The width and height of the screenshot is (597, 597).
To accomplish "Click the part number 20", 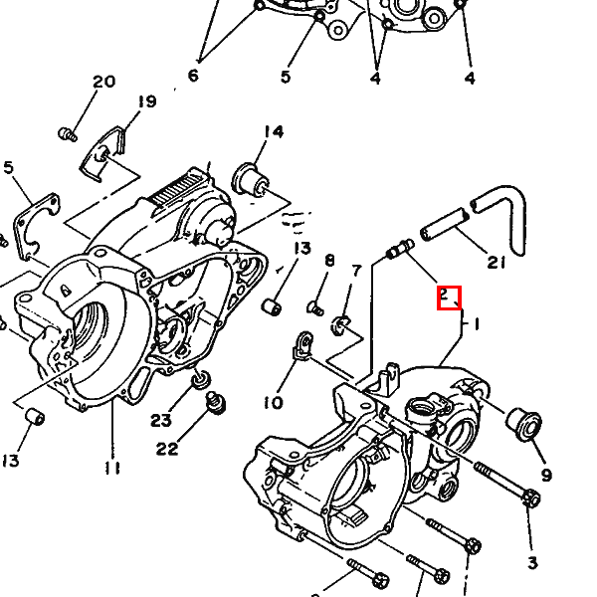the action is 103,82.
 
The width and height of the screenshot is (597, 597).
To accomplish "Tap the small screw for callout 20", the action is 68,134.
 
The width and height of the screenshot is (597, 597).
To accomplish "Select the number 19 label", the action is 146,101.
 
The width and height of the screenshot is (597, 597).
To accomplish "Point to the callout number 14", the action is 274,131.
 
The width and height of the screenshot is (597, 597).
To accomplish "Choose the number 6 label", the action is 193,76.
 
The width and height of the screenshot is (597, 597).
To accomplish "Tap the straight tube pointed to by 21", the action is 444,224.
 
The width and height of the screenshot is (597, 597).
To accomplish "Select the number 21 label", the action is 497,263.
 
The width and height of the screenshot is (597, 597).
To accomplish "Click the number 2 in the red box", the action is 444,295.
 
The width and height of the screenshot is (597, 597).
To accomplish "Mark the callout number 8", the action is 329,261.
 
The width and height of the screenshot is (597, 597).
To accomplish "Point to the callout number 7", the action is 356,271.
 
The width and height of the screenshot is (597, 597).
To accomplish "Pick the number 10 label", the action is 273,402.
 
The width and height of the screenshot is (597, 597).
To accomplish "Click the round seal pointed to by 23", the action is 201,378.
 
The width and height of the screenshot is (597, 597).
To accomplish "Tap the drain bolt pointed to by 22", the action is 216,403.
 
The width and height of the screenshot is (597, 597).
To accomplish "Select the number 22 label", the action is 167,449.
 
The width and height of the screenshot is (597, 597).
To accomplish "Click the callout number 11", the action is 111,469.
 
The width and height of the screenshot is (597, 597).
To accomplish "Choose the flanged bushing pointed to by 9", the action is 524,424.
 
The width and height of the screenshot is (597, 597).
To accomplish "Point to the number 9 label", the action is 546,475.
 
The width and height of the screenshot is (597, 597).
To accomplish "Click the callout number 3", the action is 532,562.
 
